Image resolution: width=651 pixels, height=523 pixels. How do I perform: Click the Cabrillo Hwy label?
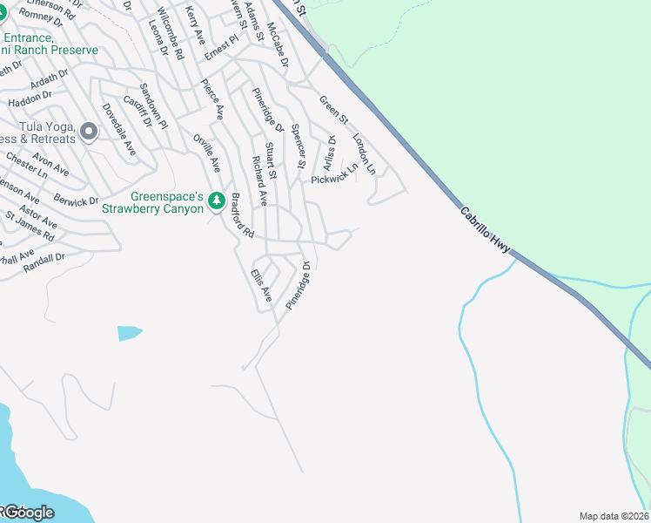tap(484, 228)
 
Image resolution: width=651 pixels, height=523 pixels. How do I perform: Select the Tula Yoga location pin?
tap(88, 132)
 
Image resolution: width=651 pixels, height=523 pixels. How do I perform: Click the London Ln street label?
tap(364, 153)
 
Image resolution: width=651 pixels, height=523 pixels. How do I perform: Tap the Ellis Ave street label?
tap(261, 286)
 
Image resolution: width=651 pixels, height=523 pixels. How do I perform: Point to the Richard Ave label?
tap(258, 180)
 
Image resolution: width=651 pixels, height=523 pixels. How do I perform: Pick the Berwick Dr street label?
tap(76, 201)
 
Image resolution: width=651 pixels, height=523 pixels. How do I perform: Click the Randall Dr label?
tap(45, 258)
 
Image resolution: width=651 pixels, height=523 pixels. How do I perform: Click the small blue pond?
tap(128, 332)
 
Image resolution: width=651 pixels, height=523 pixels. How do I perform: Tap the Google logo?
tap(28, 513)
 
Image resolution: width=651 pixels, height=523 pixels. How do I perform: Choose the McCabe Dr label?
tap(278, 46)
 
